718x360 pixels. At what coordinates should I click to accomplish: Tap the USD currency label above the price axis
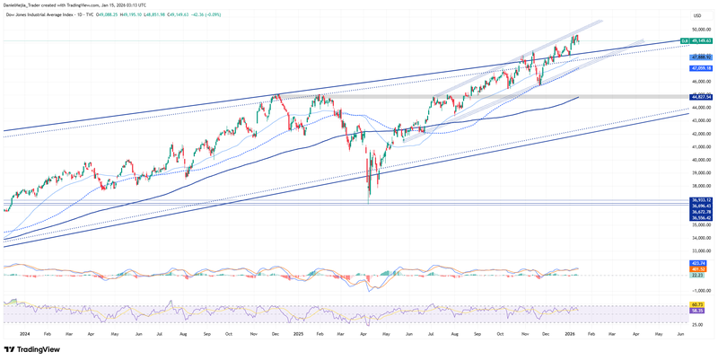pyautogui.click(x=697, y=15)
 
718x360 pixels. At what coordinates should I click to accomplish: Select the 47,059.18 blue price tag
pyautogui.click(x=701, y=68)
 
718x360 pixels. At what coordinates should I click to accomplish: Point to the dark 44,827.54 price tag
pyautogui.click(x=701, y=97)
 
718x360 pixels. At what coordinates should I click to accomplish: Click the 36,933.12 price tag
pyautogui.click(x=701, y=200)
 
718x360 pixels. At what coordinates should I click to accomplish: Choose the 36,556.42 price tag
pyautogui.click(x=701, y=217)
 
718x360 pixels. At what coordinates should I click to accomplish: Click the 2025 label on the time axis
pyautogui.click(x=299, y=333)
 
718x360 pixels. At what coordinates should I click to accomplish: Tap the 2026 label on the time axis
pyautogui.click(x=570, y=333)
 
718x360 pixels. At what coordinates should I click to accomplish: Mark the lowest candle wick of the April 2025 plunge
pyautogui.click(x=369, y=203)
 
